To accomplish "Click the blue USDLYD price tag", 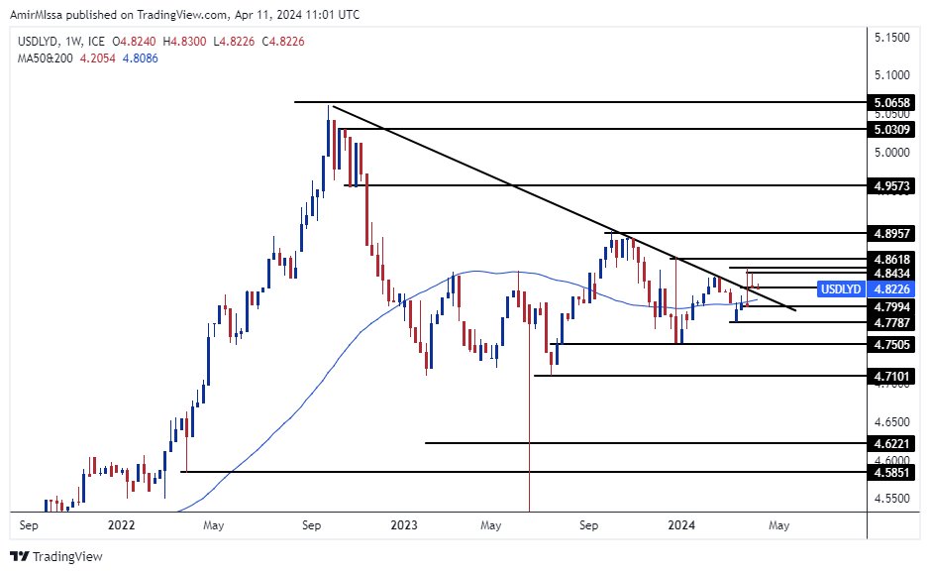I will tap(842, 289).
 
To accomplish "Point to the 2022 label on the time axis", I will tap(121, 524).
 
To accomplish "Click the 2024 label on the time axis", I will tap(682, 524).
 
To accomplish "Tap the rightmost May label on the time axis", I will tap(779, 524).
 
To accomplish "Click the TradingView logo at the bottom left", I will tap(57, 556).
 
